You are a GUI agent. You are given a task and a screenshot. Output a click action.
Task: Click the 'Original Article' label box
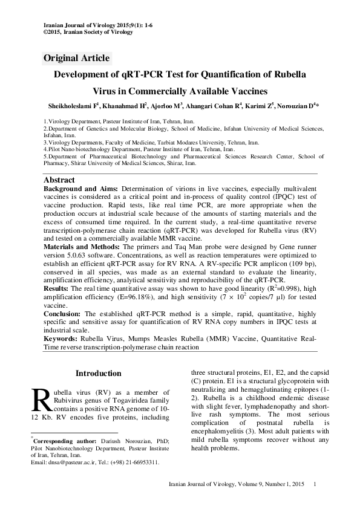pos(77,58)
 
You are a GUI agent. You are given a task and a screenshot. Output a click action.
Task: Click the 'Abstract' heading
pos(59,180)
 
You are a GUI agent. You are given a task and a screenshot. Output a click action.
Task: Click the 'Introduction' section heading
pos(98,374)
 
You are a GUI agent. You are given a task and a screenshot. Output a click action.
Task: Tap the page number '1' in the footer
pos(315,484)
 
